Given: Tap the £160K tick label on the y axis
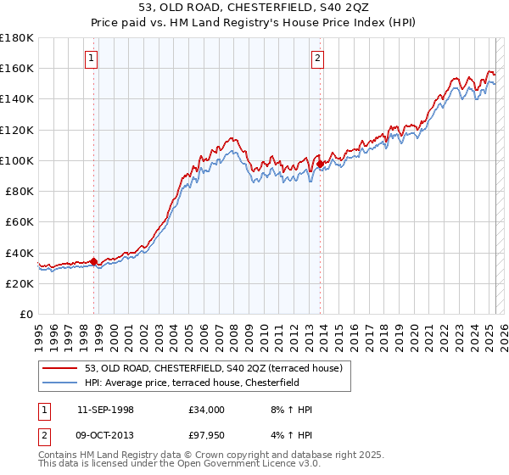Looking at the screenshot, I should pos(17,68).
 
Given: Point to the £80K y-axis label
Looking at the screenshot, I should pos(20,191).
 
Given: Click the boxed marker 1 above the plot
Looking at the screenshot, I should pos(91,59).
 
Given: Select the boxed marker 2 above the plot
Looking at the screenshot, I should pos(316,59).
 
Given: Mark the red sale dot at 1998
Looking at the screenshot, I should pos(93,261).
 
